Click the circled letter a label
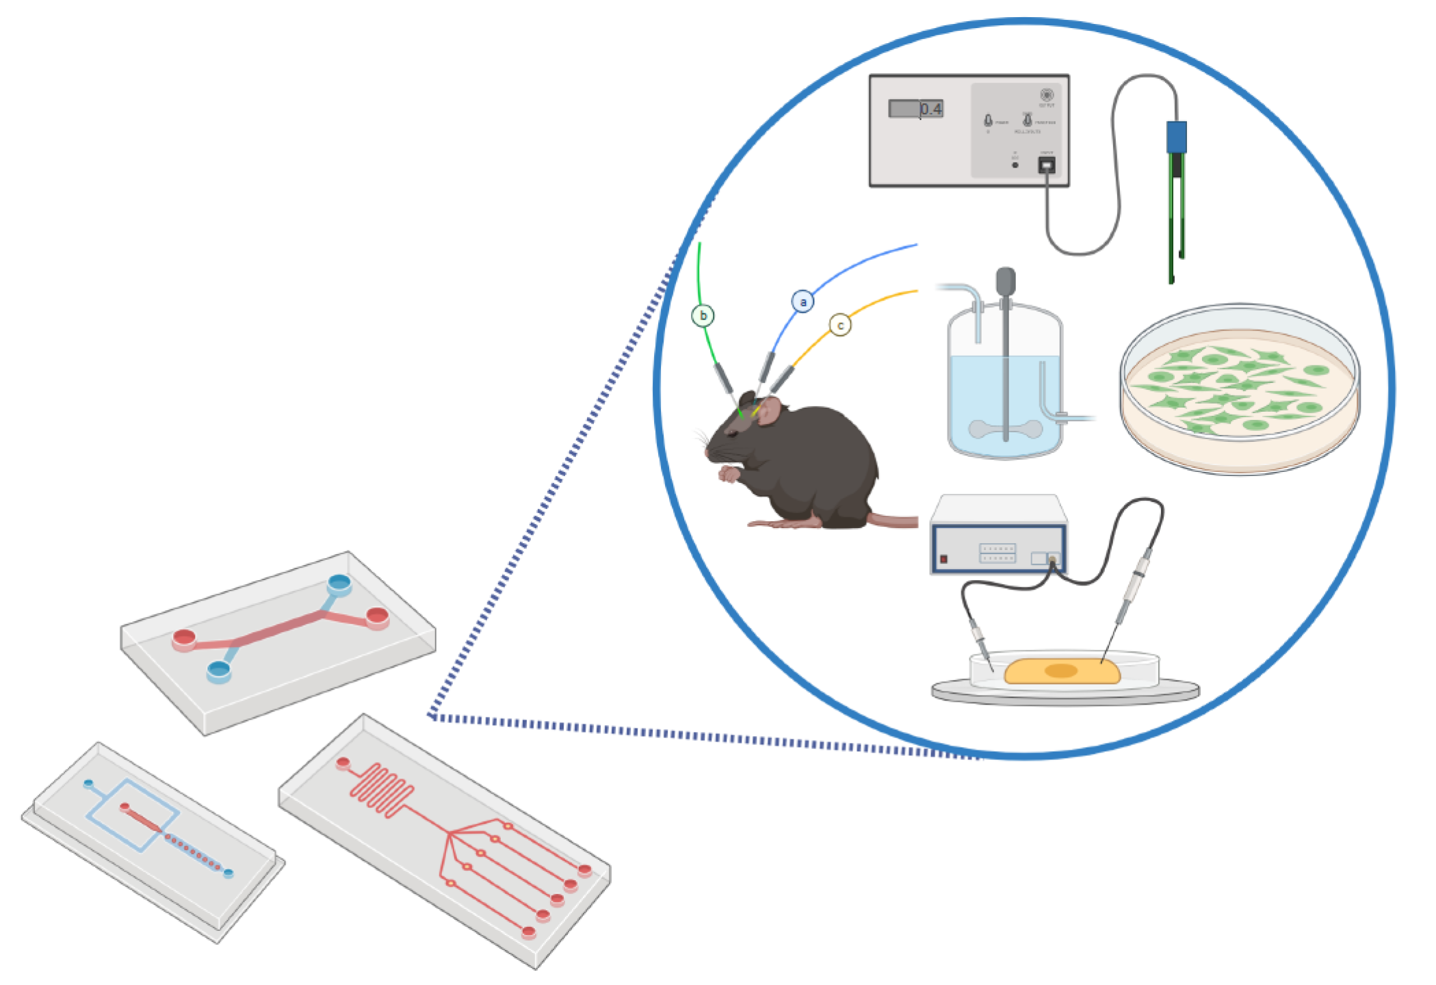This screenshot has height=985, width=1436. tap(802, 301)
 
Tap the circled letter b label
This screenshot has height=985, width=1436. tap(703, 315)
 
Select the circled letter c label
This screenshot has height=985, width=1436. tap(840, 325)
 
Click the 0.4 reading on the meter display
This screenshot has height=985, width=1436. tap(930, 109)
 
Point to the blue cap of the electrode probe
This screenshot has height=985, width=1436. tap(1176, 137)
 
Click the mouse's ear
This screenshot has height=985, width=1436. tap(770, 410)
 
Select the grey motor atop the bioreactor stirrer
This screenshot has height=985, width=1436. tap(1005, 281)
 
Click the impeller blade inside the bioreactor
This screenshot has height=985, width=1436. tap(1006, 430)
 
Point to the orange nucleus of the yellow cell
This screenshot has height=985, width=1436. tap(1061, 670)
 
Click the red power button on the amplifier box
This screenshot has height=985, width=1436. tap(944, 559)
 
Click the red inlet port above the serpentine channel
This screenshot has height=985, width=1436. tap(343, 762)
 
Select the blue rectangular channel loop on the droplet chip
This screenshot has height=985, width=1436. tap(133, 815)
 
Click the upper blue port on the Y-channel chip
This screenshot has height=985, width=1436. tap(339, 583)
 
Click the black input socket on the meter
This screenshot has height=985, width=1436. tap(1046, 165)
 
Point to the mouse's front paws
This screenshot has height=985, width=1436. tap(729, 473)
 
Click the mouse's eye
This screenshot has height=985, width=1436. tap(732, 432)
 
